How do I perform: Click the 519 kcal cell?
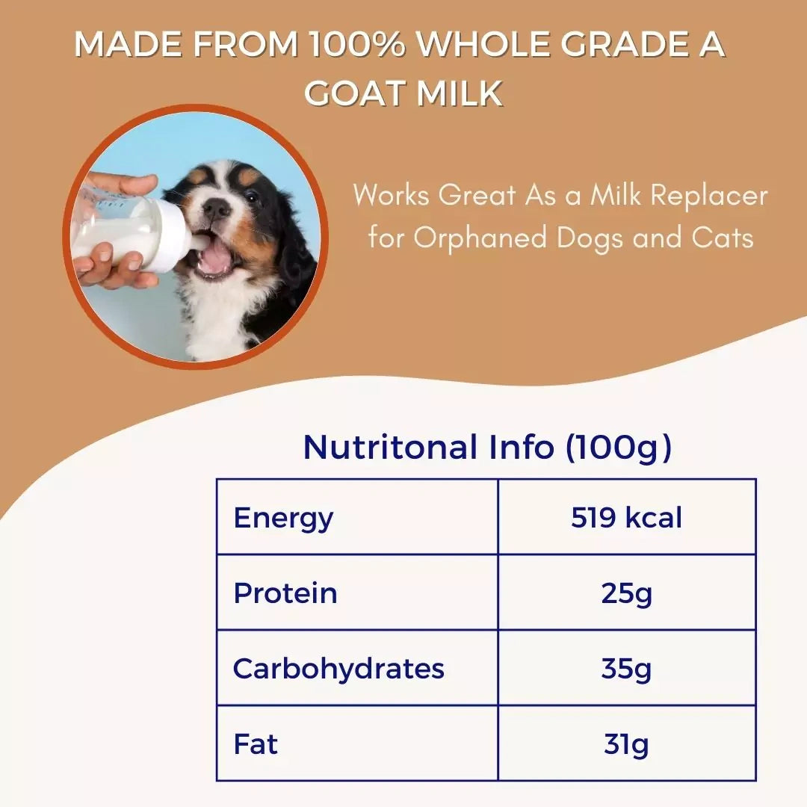coord(626,517)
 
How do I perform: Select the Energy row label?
coord(283,517)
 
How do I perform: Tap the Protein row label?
coord(285,593)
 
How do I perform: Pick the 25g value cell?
coord(626,593)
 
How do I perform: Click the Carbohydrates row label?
coord(338,668)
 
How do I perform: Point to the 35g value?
coord(626,668)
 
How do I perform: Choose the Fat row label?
coord(256,743)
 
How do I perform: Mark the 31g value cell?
coord(626,743)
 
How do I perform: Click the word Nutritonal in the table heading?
coord(390,447)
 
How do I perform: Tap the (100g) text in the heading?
coord(618,447)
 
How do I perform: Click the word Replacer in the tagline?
coord(709,196)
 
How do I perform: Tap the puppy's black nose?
coord(218,209)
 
